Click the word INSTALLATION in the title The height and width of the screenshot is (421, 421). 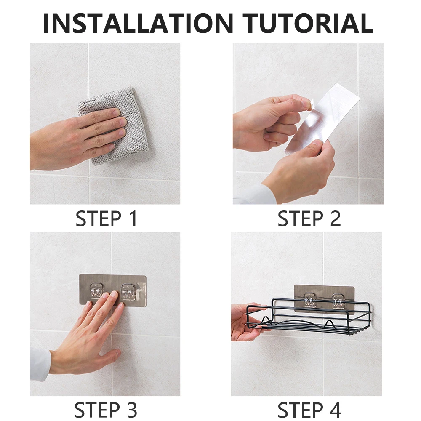point(138,23)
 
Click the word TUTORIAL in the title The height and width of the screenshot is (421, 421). point(308,23)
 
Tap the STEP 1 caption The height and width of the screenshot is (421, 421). point(107,218)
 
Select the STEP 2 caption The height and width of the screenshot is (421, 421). point(309,218)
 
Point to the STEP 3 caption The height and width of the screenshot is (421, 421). point(106,410)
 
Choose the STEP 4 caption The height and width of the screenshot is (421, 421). point(309,410)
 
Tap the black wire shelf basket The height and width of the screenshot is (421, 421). point(309,317)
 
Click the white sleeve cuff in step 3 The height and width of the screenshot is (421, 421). point(40,364)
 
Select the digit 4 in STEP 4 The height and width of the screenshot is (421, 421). point(334,410)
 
